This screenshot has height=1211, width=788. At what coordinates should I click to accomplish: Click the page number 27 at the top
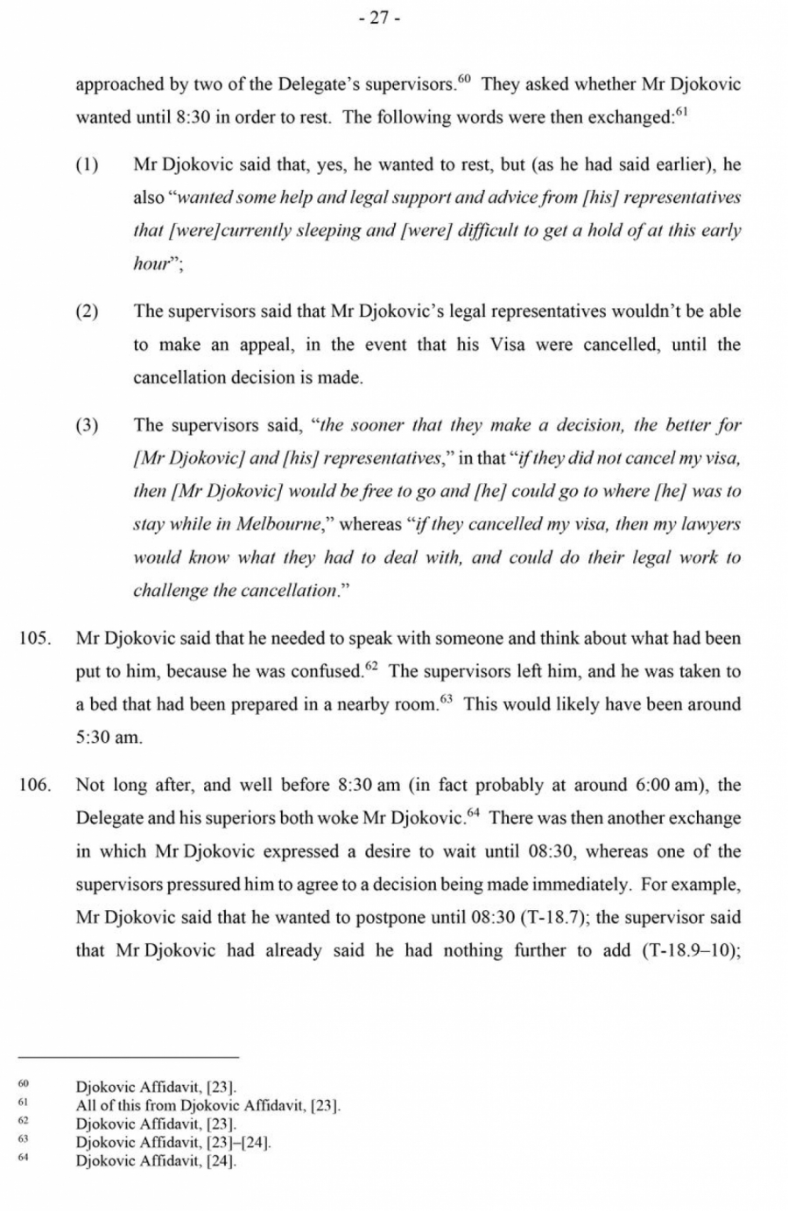coord(379,18)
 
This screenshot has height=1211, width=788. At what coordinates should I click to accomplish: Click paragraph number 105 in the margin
coord(34,639)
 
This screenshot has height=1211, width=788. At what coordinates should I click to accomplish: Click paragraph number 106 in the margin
coord(34,786)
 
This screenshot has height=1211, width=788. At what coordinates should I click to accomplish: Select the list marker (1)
coord(87,165)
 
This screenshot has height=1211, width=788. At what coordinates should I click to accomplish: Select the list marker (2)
coord(87,312)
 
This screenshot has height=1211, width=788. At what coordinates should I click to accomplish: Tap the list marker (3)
coord(87,426)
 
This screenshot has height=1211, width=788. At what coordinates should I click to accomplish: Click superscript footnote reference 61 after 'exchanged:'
coord(681,113)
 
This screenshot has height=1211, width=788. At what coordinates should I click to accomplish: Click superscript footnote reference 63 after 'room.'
coord(447,700)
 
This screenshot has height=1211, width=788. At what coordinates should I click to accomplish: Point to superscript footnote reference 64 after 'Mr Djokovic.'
coord(474,814)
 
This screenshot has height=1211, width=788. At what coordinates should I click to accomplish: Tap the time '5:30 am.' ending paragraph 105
coord(108,738)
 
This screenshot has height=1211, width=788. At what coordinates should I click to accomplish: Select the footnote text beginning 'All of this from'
coord(208,1105)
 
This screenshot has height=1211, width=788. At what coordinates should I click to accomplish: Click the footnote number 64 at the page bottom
coord(24,1160)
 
